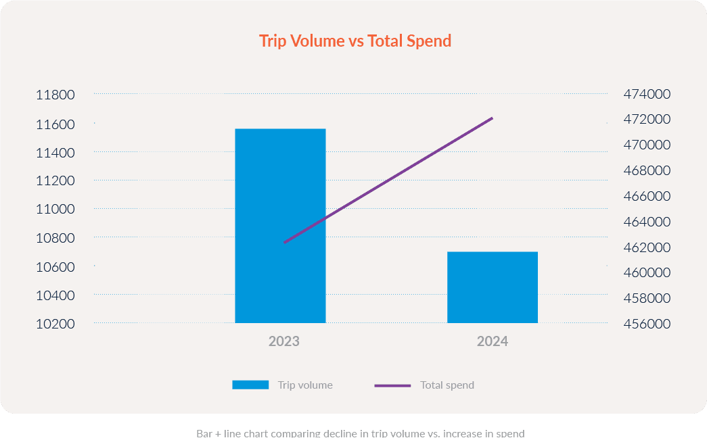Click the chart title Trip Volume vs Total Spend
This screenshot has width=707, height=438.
point(355,41)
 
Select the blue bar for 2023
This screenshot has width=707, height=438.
point(280,226)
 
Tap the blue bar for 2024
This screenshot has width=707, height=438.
point(493,287)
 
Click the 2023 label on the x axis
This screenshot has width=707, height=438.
point(283,341)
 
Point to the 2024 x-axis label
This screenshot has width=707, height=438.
point(493,341)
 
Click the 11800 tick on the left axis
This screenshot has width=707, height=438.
point(55,95)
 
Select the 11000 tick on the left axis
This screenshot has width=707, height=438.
point(55,210)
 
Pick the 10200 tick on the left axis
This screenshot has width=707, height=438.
point(55,324)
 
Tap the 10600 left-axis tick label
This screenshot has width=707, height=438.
point(55,267)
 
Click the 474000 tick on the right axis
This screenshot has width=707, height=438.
point(646,94)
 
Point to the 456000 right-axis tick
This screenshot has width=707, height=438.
point(646,324)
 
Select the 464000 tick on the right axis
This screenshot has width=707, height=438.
point(646,222)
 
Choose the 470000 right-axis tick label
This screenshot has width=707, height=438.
point(646,145)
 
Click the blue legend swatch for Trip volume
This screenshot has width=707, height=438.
point(250,385)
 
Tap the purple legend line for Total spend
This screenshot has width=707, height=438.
point(392,385)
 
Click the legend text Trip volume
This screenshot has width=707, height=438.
point(305,385)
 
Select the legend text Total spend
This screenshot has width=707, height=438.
point(447,385)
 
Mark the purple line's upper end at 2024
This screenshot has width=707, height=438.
point(493,118)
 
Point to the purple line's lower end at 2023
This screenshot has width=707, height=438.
point(284,242)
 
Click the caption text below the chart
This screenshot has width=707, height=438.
point(361,433)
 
